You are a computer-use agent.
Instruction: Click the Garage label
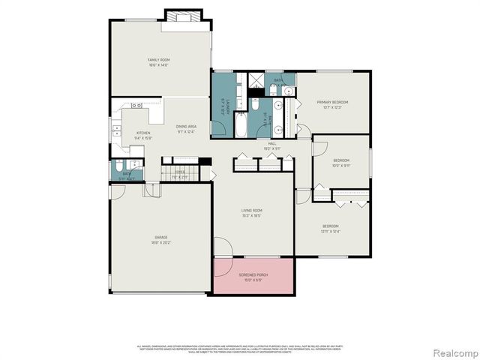(160, 240)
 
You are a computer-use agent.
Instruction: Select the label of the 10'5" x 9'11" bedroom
(341, 163)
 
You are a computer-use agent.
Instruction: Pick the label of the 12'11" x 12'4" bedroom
(331, 228)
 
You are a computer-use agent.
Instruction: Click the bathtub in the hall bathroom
(240, 124)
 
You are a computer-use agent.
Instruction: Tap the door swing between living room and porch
(223, 247)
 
